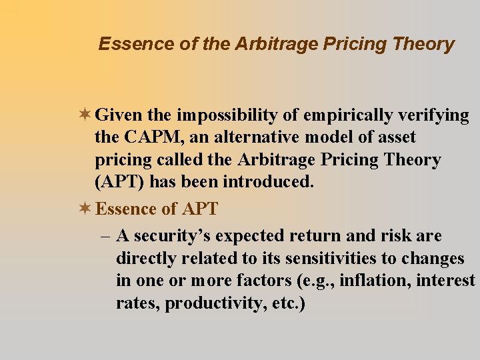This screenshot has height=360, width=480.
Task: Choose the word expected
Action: pos(255,236)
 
